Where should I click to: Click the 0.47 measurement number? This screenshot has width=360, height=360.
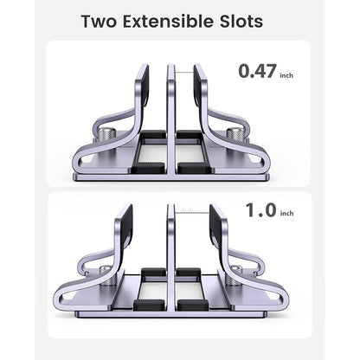[x=260, y=71]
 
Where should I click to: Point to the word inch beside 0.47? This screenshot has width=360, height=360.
[x=287, y=75]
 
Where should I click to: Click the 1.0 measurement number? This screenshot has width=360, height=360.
[x=260, y=210]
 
